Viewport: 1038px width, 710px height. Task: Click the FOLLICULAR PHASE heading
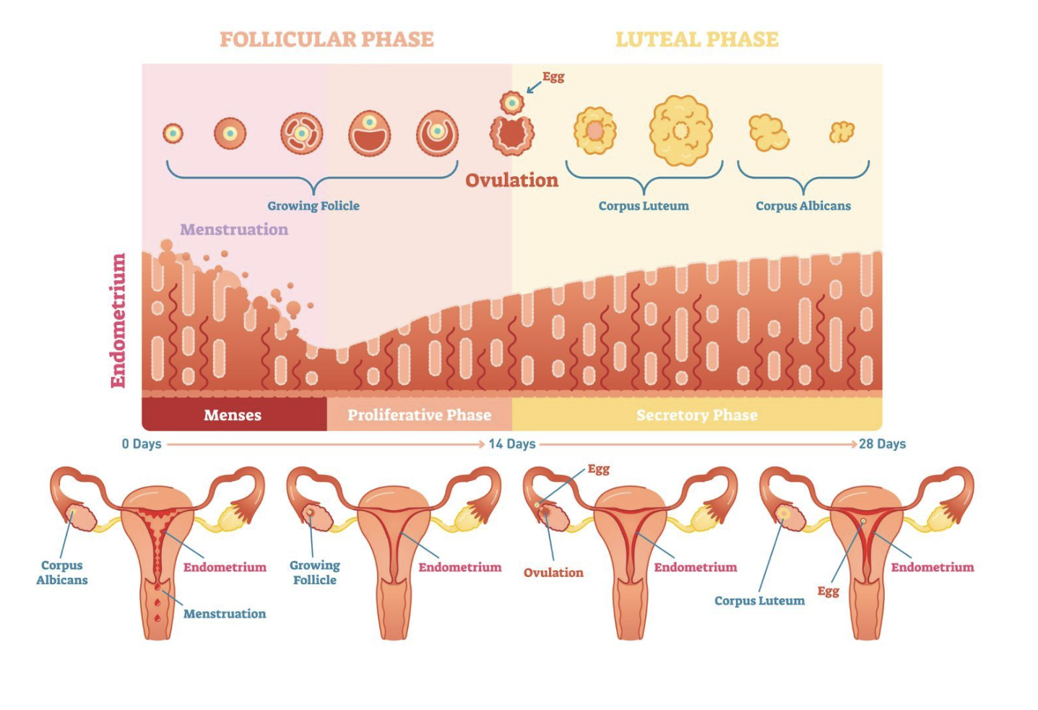coord(326,39)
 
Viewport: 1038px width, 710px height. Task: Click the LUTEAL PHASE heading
coord(696,39)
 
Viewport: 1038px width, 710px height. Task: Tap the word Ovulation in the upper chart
coord(511,180)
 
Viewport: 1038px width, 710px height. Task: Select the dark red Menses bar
coord(233,415)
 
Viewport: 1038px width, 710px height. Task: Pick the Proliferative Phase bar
coord(419,415)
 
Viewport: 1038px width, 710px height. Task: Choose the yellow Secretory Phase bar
coord(696,415)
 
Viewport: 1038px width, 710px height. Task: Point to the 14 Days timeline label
coord(511,443)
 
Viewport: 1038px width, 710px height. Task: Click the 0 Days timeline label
coord(142,443)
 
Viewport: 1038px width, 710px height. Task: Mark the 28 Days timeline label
coord(882,443)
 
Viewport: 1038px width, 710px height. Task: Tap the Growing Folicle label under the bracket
coord(313,206)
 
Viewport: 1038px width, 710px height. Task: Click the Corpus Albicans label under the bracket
coord(803,206)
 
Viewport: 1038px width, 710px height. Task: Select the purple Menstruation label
coord(234,230)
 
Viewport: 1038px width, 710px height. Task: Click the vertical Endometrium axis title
coord(118,320)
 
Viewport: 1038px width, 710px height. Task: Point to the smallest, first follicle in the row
coord(173,133)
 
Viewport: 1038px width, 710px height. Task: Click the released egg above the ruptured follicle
coord(512,103)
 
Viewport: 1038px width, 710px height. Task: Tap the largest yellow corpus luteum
coord(680,131)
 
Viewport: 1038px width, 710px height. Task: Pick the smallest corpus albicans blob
coord(842,132)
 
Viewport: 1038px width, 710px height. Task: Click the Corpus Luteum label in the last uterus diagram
coord(759,600)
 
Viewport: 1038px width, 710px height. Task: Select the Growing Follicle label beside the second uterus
coord(315,572)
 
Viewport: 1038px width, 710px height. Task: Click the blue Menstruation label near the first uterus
coord(225,613)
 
